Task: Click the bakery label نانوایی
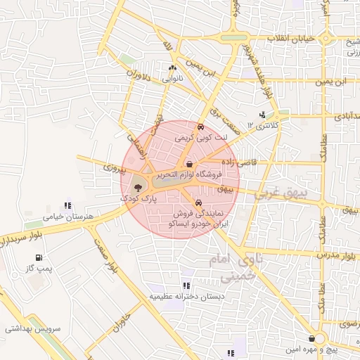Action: (173, 79)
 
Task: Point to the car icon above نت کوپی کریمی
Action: (201, 127)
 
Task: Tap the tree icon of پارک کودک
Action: (137, 187)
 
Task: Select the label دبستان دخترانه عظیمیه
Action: (186, 296)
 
